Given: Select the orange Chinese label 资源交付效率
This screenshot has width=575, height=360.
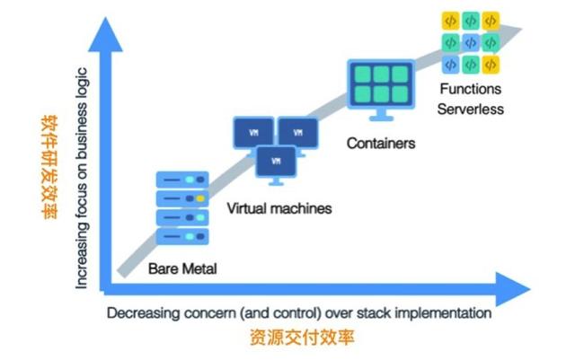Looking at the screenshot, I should pyautogui.click(x=298, y=338).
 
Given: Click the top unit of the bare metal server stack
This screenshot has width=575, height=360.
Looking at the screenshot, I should pyautogui.click(x=182, y=179).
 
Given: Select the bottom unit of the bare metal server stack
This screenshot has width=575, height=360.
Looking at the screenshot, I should pyautogui.click(x=182, y=235).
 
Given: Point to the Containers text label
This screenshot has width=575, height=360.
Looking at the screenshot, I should pyautogui.click(x=381, y=143).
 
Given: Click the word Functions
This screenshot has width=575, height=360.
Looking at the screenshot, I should pyautogui.click(x=471, y=90).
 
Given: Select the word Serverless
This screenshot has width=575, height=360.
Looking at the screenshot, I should pyautogui.click(x=471, y=109).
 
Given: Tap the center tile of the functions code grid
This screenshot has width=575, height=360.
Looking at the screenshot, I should pyautogui.click(x=470, y=42).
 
